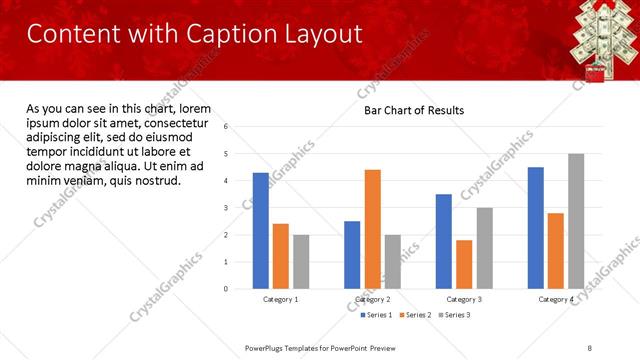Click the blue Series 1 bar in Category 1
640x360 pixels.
click(x=261, y=231)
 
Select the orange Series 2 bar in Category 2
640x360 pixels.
click(x=372, y=229)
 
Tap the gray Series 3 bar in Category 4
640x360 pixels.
click(x=576, y=221)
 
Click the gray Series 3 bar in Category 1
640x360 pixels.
click(x=301, y=262)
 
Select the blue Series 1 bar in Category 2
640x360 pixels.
click(x=352, y=255)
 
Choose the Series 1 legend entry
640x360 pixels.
click(x=376, y=315)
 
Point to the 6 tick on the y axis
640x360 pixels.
click(x=227, y=127)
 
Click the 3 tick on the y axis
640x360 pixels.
click(x=227, y=208)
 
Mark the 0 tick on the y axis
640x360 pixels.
click(x=227, y=289)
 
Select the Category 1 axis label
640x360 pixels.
click(x=281, y=299)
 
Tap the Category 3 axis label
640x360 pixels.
click(x=464, y=299)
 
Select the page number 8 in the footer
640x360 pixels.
click(x=589, y=346)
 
